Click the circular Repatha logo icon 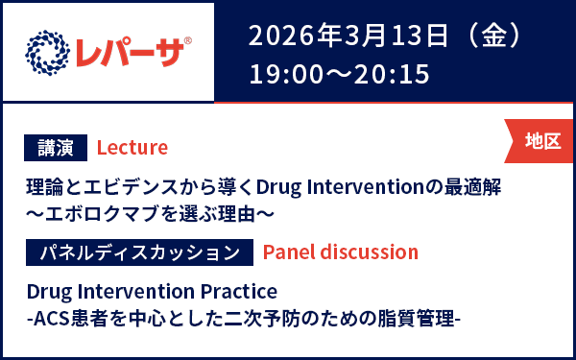[x=47, y=51]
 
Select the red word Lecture [x=132, y=147]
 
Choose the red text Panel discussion [x=340, y=252]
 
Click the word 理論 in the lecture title [x=41, y=184]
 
